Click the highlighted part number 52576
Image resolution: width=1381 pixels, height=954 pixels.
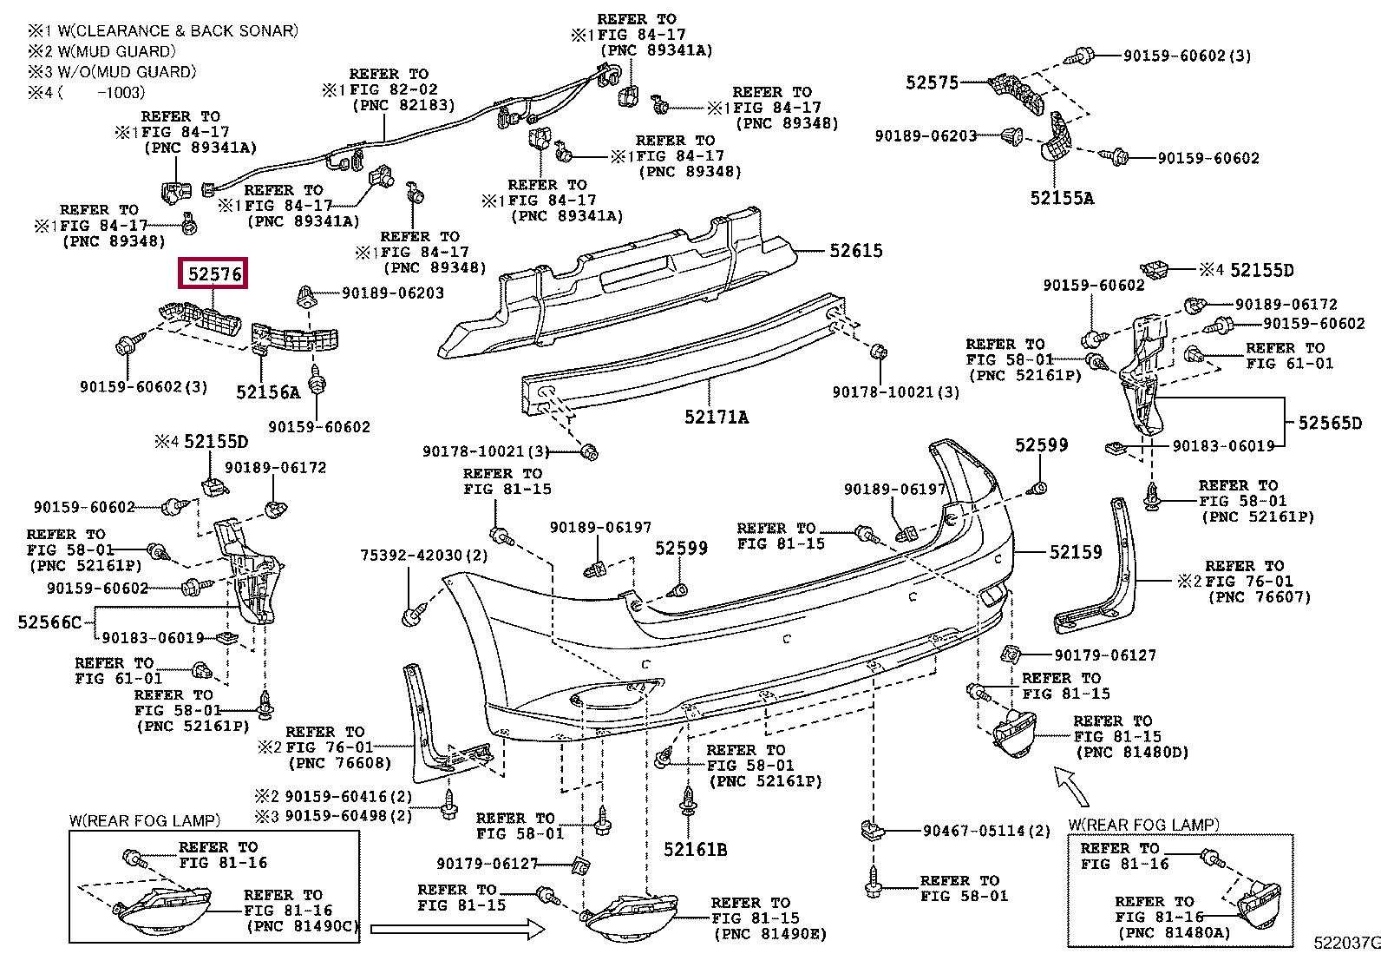click(213, 273)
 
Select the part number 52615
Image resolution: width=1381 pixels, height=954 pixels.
click(855, 251)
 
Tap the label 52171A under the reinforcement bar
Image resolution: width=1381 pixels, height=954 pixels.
click(717, 418)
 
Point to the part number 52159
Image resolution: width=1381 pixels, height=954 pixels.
click(1075, 552)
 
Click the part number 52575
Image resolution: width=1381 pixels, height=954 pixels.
click(932, 82)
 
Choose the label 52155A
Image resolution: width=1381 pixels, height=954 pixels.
click(1062, 198)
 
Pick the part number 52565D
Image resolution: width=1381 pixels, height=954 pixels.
click(1330, 423)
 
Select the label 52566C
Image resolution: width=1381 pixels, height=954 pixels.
click(49, 622)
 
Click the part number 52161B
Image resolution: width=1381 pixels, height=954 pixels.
click(695, 850)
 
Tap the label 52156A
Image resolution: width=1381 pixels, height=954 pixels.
click(268, 391)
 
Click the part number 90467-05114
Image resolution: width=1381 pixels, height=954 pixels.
click(973, 831)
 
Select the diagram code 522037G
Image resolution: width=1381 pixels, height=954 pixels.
click(1346, 943)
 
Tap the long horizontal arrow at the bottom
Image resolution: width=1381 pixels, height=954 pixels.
click(457, 929)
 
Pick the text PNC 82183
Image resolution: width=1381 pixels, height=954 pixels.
click(403, 105)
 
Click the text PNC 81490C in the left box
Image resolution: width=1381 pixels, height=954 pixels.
click(302, 926)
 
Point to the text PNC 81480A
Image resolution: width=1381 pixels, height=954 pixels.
click(1174, 933)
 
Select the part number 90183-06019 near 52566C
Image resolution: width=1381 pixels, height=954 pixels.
click(153, 637)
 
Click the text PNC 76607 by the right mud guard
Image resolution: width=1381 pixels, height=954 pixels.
click(1260, 596)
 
